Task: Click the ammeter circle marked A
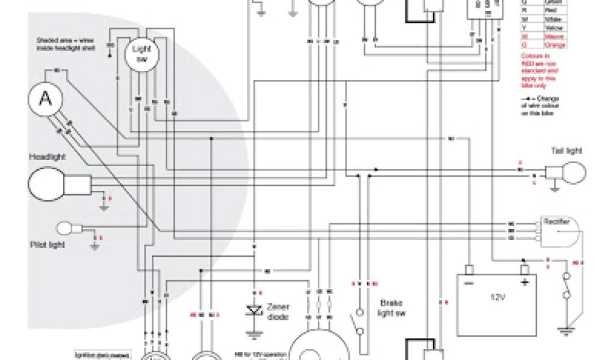(x=45, y=98)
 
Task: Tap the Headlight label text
(x=47, y=157)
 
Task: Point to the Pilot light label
(x=48, y=245)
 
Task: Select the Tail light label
(x=566, y=151)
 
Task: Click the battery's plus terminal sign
(x=525, y=282)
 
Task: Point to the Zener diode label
(x=278, y=310)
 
